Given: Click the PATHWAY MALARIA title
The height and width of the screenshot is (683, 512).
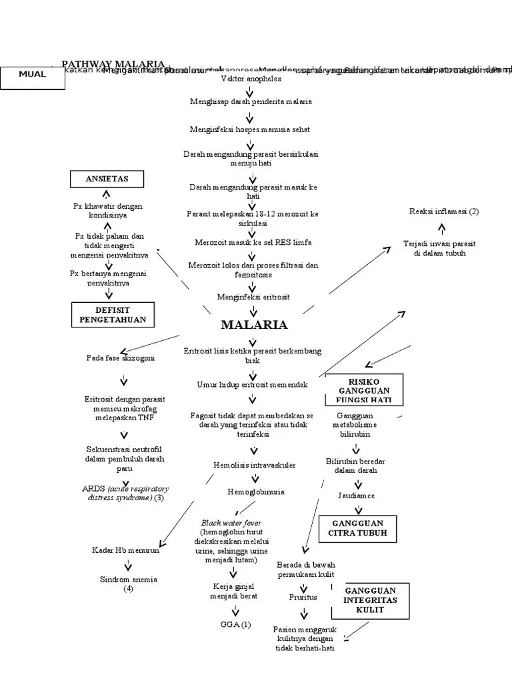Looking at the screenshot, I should (113, 64).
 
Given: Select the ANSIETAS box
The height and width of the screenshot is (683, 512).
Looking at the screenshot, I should (107, 179).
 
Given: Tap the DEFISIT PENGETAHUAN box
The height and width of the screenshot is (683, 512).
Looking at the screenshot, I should (113, 315).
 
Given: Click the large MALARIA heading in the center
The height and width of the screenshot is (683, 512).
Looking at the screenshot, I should (254, 325).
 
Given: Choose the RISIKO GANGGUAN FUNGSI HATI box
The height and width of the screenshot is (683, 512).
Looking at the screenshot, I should (365, 390).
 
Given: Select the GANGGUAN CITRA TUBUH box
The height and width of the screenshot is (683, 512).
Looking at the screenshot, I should (357, 528).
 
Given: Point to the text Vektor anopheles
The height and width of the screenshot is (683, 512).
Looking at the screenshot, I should (251, 79).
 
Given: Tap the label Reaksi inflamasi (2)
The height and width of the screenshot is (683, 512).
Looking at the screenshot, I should (444, 211).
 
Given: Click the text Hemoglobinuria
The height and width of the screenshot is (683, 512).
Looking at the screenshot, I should (256, 492).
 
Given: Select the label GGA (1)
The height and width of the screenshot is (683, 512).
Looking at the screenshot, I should (235, 624).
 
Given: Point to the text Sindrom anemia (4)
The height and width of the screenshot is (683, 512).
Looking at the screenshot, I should (129, 584).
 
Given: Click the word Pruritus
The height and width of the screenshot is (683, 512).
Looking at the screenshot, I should (303, 597).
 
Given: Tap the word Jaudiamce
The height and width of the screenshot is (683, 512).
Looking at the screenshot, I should (355, 496).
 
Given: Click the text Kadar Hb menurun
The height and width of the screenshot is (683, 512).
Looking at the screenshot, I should (126, 550).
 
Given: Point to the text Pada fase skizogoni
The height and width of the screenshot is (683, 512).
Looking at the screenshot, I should (121, 358).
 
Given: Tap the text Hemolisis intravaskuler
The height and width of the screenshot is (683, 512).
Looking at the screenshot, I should (255, 465).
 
